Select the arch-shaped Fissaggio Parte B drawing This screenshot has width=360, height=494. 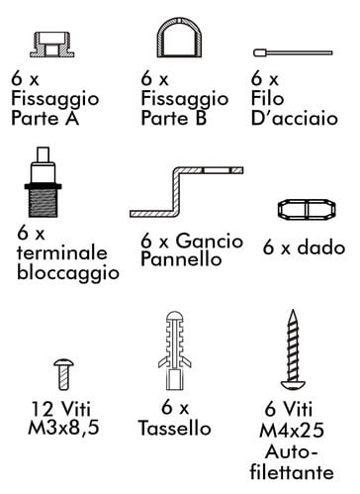tap(179, 27)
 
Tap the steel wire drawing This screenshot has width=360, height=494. tap(293, 52)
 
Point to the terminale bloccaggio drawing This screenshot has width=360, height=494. tap(44, 182)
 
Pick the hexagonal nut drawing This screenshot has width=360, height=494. tap(307, 209)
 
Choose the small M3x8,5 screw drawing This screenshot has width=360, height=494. tap(63, 374)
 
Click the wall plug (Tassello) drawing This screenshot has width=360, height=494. tap(174, 349)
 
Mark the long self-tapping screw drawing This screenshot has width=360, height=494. tap(293, 349)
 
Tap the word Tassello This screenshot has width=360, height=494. tap(175, 429)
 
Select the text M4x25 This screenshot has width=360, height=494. tap(292, 431)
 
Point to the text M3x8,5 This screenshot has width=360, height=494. tap(63, 428)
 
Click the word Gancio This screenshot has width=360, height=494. tap(210, 241)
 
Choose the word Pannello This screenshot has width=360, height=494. tap(181, 258)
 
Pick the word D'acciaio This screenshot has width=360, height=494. tap(295, 118)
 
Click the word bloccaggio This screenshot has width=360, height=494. tap(68, 273)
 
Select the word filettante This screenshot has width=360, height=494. tap(292, 472)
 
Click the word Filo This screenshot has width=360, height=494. tap(267, 98)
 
